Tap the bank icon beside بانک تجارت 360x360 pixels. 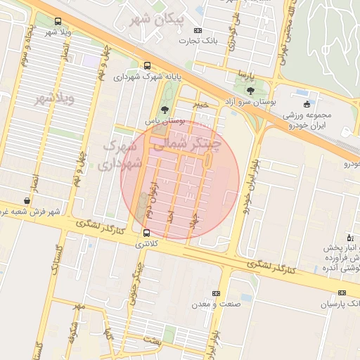coord(198,30)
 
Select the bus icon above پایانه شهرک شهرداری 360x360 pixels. coord(146,65)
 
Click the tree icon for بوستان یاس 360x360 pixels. coord(164,110)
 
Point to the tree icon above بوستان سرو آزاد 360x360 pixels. coord(251,90)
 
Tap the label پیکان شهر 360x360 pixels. coord(155,20)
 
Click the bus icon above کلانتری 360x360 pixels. coord(146,233)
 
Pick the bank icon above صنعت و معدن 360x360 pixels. coord(216,293)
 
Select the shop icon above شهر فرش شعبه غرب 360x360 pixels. coord(27,201)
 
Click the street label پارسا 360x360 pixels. coord(244,74)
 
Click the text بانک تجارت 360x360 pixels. coord(222,41)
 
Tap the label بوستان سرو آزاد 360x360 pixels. coord(247,102)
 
